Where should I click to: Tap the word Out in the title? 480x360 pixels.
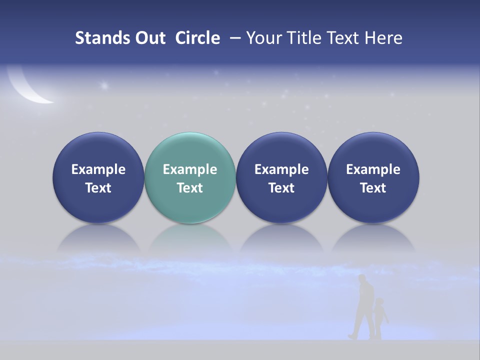pyautogui.click(x=150, y=38)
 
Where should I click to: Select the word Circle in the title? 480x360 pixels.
pyautogui.click(x=197, y=38)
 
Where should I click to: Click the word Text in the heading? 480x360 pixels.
pyautogui.click(x=343, y=38)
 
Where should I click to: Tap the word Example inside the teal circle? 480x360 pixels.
pyautogui.click(x=190, y=169)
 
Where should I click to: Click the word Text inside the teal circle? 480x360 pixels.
pyautogui.click(x=190, y=188)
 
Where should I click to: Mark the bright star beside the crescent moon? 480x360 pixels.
pyautogui.click(x=104, y=85)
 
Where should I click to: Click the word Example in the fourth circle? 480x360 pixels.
pyautogui.click(x=373, y=169)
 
